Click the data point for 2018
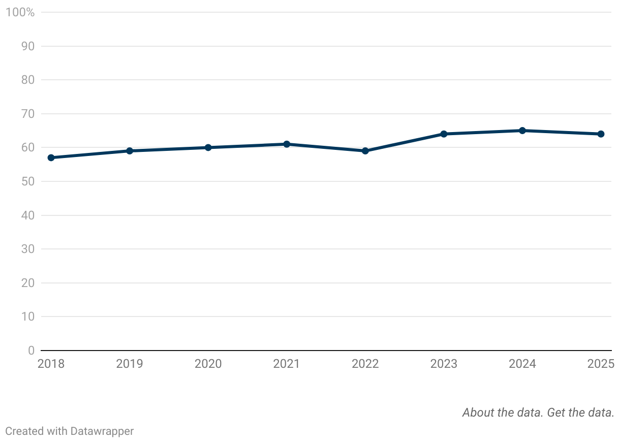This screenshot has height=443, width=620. click(x=51, y=157)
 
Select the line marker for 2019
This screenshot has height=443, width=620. click(x=130, y=151)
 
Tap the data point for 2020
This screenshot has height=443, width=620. click(x=208, y=147)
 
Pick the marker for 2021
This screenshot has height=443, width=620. click(x=287, y=144)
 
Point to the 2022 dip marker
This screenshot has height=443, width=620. click(x=365, y=151)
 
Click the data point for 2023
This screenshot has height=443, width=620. click(x=444, y=134)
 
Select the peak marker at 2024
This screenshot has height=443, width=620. click(x=522, y=131)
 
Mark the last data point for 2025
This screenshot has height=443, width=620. click(x=601, y=134)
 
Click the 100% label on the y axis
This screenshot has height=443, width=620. click(x=20, y=12)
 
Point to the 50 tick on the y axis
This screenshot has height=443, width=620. click(x=28, y=181)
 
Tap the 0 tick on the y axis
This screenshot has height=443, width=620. click(x=31, y=351)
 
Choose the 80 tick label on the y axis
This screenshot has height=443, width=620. click(x=28, y=80)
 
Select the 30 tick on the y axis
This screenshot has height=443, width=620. click(x=28, y=249)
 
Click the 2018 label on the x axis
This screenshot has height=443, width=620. click(x=51, y=364)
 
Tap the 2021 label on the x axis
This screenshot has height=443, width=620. click(x=287, y=364)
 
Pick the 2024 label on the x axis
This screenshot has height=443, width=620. click(x=522, y=364)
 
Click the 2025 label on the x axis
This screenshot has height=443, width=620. click(x=601, y=364)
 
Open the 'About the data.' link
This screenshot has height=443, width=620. click(x=503, y=413)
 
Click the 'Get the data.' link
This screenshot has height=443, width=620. click(x=581, y=413)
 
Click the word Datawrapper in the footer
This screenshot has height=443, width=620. click(x=102, y=431)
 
